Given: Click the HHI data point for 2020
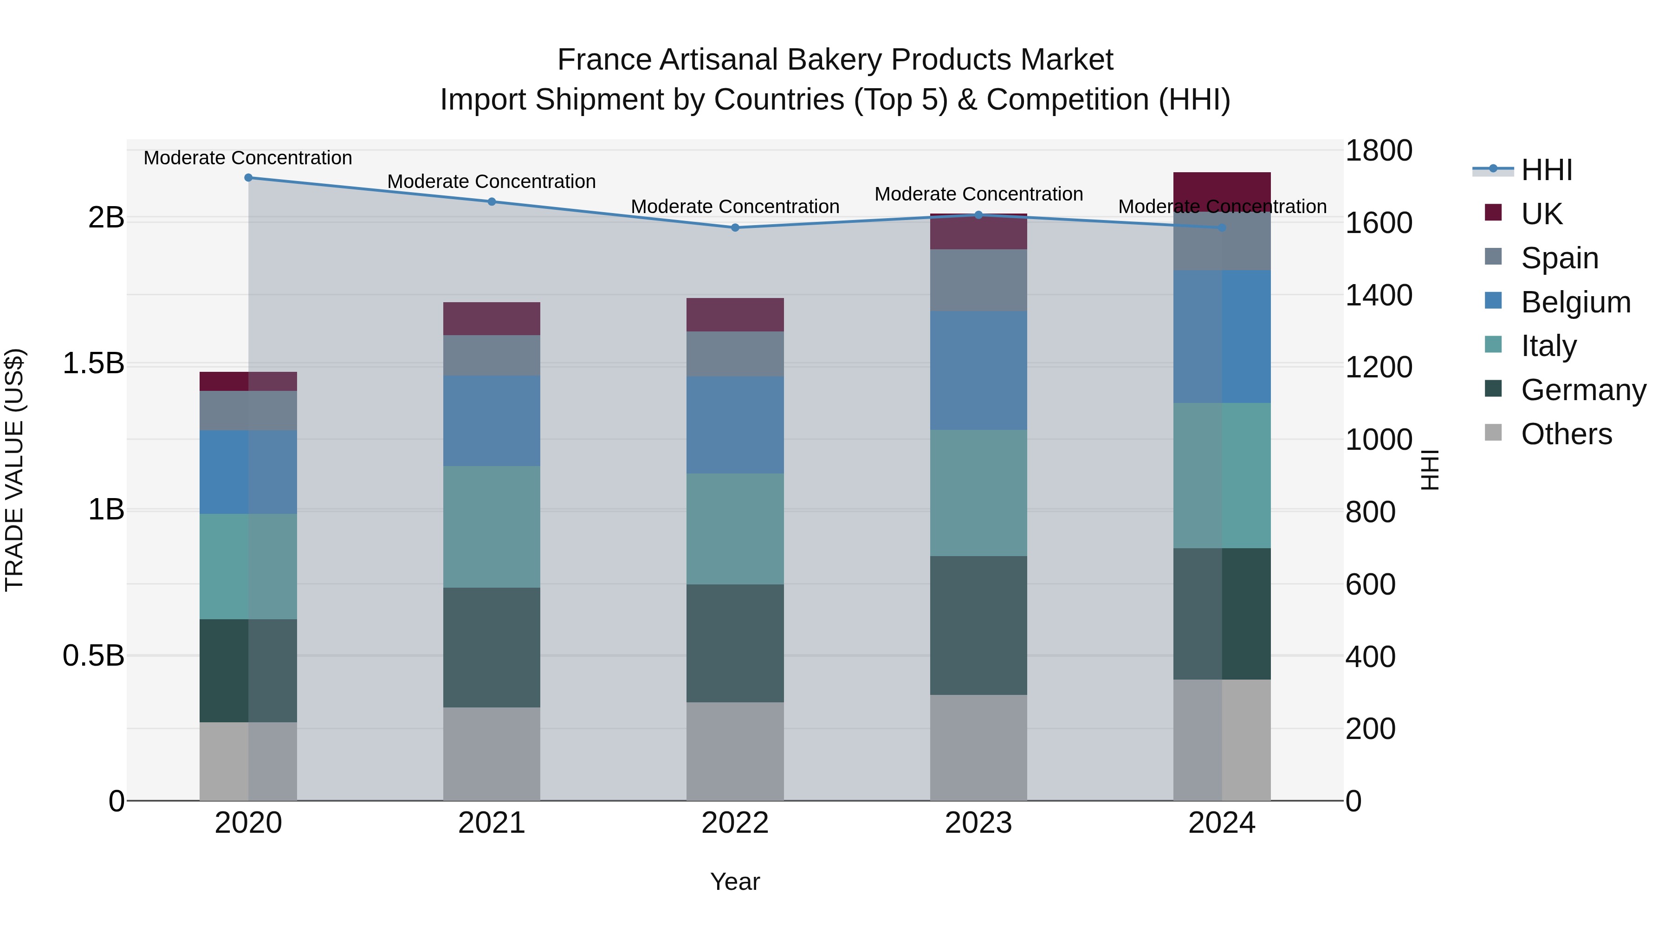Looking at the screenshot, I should point(248,178).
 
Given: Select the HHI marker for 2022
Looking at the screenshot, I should point(735,228).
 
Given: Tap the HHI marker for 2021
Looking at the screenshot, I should point(492,202).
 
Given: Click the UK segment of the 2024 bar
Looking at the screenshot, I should point(1222,191).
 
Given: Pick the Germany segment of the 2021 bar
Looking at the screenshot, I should point(492,648).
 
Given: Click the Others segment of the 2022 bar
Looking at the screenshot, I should point(735,751).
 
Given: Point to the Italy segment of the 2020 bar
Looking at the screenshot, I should point(248,566).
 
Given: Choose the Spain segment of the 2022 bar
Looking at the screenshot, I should point(735,354).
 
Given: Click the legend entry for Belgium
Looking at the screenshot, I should point(1575,302).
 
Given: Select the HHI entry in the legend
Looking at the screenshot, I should point(1547,170).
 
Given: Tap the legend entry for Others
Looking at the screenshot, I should point(1566,434).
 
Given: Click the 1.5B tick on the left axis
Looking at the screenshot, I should point(93,363).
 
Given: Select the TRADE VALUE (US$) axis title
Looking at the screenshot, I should point(14,470).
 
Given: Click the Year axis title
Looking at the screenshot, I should point(735,882).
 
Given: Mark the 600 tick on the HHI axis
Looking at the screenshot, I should point(1371,584).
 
